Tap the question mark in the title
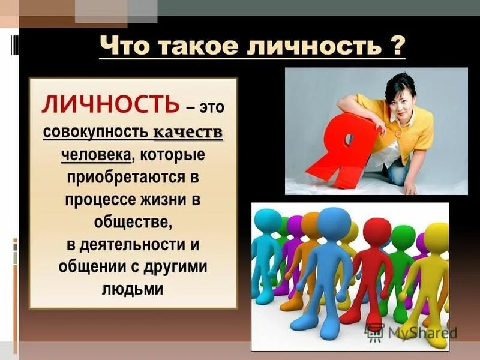pos(397,46)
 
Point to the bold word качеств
pos(188,132)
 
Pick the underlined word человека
pos(96,155)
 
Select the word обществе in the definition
pos(131,223)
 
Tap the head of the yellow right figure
pos(437,237)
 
